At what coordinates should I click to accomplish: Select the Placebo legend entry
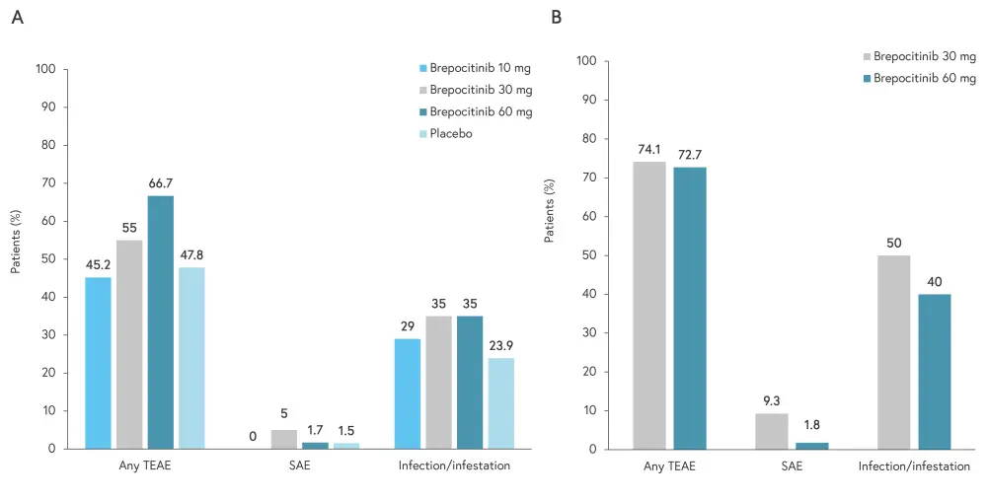tap(451, 133)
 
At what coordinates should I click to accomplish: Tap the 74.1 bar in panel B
tap(648, 305)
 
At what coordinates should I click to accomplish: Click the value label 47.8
tap(191, 254)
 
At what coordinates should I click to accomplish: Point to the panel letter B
tap(557, 18)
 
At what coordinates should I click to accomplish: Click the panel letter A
tap(17, 18)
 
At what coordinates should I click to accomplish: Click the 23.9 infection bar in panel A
tap(500, 403)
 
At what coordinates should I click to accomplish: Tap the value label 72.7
tap(690, 155)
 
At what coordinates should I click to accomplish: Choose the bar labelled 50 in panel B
tap(894, 352)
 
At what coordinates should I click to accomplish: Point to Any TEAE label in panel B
tap(668, 466)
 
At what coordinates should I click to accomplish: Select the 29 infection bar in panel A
tap(407, 393)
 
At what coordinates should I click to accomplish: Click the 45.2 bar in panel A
tap(97, 363)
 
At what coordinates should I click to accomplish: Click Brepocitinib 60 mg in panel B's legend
tap(925, 78)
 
